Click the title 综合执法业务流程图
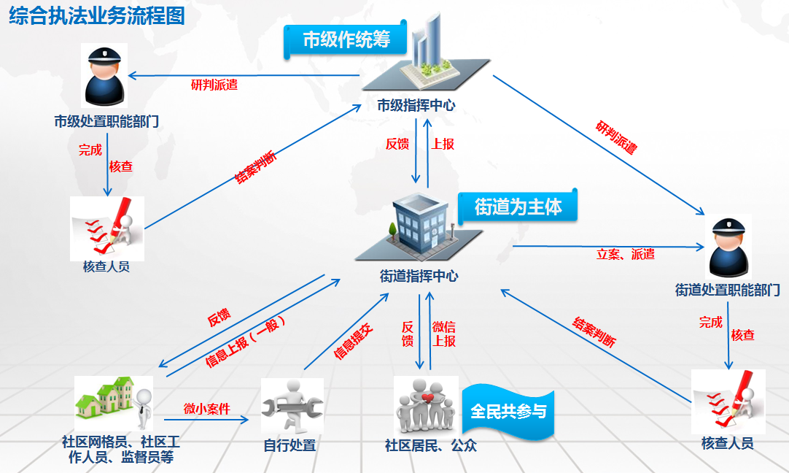point(96,17)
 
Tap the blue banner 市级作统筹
point(346,40)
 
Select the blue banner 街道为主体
point(518,207)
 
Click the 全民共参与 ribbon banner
point(508,412)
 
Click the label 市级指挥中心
point(416,105)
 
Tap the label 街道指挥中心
point(419,276)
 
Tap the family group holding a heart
point(425,406)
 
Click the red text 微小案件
point(206,409)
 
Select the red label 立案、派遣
point(626,254)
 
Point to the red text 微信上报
point(444,334)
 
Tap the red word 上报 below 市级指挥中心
point(443,144)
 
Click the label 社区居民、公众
point(431,445)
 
